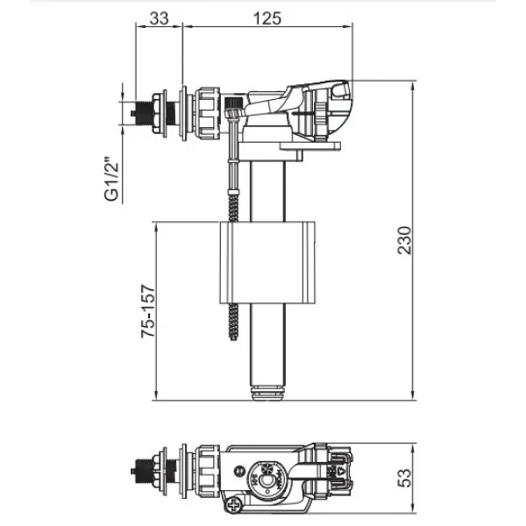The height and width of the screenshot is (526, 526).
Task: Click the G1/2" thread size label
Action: pos(110,181)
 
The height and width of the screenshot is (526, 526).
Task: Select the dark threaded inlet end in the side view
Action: pos(136,113)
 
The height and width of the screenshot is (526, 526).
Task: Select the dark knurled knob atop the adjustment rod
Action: pos(232,112)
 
